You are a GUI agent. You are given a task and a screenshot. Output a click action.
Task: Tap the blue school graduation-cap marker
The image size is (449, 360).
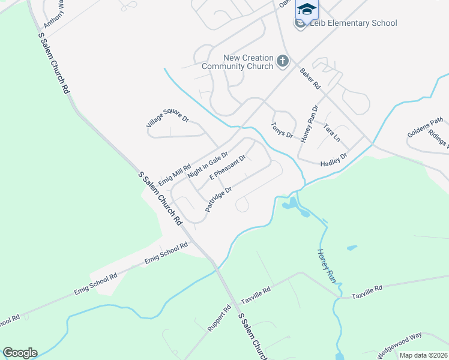306,10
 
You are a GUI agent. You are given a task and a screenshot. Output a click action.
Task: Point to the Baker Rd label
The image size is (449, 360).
310,79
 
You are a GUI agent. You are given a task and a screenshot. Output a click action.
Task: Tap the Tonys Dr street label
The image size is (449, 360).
282,131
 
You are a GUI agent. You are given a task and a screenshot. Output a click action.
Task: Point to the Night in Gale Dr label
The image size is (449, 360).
207,165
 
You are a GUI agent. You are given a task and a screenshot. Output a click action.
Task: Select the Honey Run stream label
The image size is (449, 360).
325,266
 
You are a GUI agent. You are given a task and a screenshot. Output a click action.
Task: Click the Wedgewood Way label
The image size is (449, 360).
400,345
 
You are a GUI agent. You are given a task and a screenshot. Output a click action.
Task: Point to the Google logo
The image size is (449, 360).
20,353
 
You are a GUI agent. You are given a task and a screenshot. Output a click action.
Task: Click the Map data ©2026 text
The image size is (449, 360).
423,355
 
